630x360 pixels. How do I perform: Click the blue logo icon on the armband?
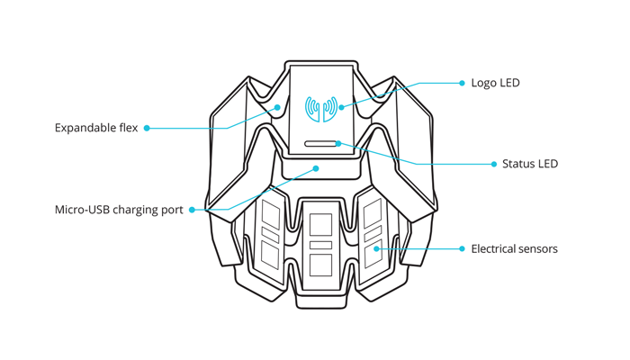[x=321, y=108]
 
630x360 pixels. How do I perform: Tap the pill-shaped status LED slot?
[x=321, y=143]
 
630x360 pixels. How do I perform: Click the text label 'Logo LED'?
[x=495, y=83]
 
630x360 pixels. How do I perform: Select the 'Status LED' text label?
[x=530, y=164]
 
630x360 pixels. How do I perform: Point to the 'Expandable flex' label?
[x=96, y=128]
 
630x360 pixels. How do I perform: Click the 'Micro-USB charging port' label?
[x=119, y=210]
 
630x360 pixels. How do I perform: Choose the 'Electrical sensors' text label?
[x=514, y=248]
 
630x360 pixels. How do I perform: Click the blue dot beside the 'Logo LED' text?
[x=462, y=83]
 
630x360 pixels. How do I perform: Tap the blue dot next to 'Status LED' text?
[x=494, y=164]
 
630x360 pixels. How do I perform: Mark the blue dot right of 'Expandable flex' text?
[x=147, y=128]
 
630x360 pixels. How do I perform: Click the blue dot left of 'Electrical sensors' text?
[x=462, y=248]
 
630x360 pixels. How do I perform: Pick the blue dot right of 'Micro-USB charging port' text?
[x=192, y=210]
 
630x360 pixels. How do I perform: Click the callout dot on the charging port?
[x=316, y=168]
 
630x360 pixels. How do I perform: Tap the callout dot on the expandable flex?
[x=278, y=107]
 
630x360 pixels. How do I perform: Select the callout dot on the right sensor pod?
[x=377, y=248]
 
